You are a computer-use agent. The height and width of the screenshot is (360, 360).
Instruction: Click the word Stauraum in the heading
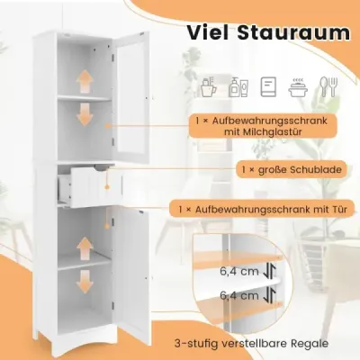(x=294, y=32)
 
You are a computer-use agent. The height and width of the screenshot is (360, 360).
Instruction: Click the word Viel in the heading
(x=208, y=32)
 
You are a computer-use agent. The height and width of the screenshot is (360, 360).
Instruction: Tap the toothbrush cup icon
(x=209, y=86)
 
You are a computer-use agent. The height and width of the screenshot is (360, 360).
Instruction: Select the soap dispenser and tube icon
(x=238, y=87)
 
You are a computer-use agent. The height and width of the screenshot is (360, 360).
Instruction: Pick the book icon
(x=268, y=86)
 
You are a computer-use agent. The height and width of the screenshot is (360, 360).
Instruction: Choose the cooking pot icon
(x=298, y=87)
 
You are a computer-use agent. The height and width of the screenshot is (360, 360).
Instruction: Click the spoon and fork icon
(x=328, y=86)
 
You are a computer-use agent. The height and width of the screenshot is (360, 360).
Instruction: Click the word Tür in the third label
(x=338, y=209)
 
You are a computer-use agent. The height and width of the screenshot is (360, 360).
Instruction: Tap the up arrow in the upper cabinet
(x=85, y=81)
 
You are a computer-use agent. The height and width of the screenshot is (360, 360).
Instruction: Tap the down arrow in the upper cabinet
(x=85, y=114)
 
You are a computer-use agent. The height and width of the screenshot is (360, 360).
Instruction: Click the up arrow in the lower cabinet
(x=85, y=248)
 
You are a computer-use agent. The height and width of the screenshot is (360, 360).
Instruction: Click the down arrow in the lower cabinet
(x=85, y=282)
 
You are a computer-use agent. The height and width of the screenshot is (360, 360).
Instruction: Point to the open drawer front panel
(x=96, y=187)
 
